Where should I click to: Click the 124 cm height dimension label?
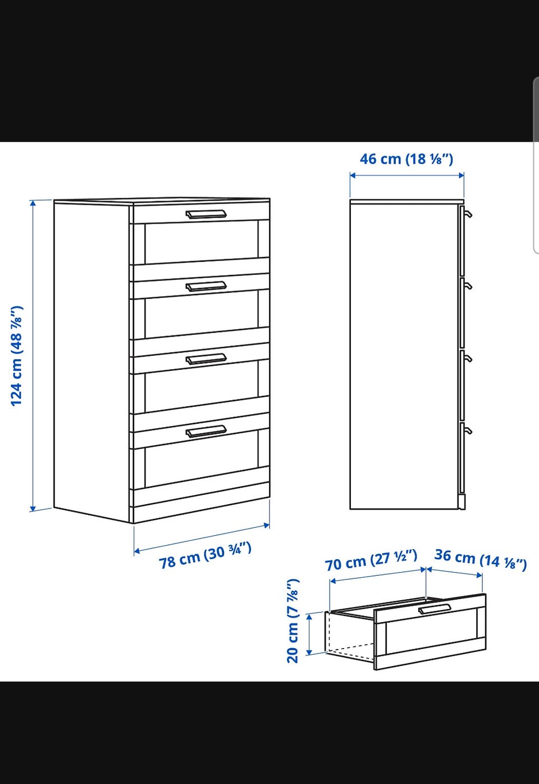(x=17, y=356)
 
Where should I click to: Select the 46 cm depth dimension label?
(x=406, y=159)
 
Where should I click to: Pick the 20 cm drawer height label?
(x=293, y=621)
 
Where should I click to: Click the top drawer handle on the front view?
(x=206, y=214)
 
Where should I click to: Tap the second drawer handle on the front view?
(x=206, y=287)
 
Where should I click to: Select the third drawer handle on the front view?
(x=206, y=360)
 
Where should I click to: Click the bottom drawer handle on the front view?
(x=206, y=432)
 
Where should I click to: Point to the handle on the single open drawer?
(x=435, y=609)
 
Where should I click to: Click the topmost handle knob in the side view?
(x=468, y=214)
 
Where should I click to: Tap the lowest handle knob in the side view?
(x=468, y=430)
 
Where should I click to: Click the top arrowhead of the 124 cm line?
(x=33, y=203)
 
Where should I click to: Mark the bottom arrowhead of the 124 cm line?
(x=33, y=508)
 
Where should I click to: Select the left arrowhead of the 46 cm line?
(x=353, y=175)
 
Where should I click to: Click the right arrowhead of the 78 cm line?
(x=267, y=525)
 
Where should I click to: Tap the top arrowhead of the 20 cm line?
(x=309, y=617)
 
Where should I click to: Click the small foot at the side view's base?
(x=462, y=501)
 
